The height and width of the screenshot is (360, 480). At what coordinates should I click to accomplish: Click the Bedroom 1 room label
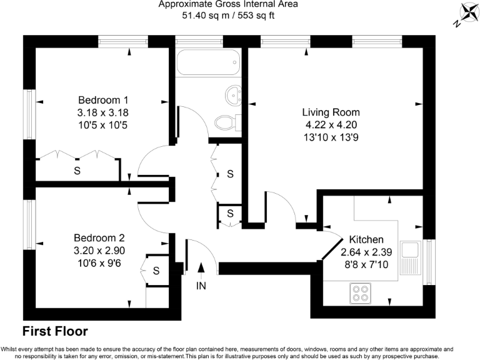tap(103, 100)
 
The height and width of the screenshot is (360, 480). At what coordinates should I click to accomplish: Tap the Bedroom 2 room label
tap(99, 237)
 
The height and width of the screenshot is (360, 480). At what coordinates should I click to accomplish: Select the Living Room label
tap(331, 112)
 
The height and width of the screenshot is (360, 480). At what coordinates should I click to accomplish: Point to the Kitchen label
tap(366, 240)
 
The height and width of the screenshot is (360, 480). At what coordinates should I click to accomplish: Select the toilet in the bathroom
tap(224, 121)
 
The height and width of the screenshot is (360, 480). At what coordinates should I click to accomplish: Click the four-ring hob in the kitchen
tap(360, 293)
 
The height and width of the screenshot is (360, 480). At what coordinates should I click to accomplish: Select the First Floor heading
tap(55, 331)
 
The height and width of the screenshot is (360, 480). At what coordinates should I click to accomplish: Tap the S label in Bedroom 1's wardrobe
tap(77, 170)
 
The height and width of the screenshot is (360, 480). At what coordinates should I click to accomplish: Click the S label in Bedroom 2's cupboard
tap(156, 271)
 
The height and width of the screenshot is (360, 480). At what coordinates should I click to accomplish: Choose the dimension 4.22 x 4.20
tap(331, 124)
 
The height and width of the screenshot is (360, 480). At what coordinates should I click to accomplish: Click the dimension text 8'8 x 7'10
tap(366, 265)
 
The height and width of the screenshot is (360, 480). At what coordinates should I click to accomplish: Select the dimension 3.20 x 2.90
tap(99, 250)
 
